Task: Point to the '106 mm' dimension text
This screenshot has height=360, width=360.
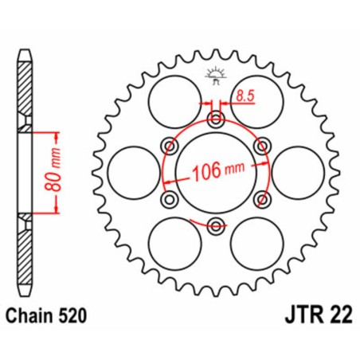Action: click(x=217, y=170)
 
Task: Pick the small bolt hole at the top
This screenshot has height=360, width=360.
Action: click(x=215, y=119)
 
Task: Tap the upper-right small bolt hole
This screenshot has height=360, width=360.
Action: click(x=260, y=145)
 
